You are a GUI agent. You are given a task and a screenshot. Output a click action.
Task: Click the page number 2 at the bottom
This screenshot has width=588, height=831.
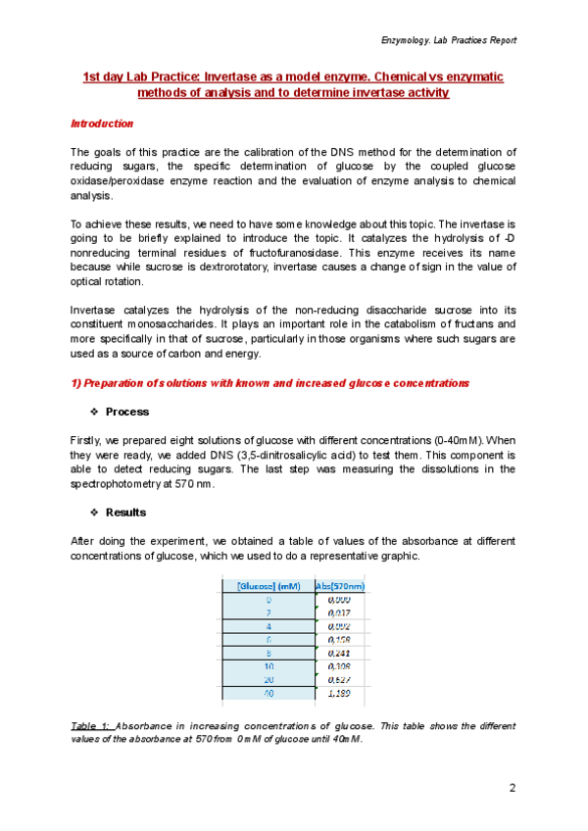pos(512,788)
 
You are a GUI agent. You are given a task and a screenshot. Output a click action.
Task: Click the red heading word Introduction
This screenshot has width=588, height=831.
pos(102,124)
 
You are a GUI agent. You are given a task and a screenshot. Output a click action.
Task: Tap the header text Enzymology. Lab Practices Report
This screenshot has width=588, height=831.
pos(448,40)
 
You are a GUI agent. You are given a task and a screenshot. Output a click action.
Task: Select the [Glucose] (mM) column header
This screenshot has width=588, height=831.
pos(269,586)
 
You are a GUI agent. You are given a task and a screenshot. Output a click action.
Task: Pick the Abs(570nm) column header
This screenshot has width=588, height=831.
pos(340,586)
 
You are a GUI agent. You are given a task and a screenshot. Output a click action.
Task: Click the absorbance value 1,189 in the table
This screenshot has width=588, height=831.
pos(339,693)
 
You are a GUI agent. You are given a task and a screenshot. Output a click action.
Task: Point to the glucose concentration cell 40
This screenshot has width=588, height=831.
pos(269,693)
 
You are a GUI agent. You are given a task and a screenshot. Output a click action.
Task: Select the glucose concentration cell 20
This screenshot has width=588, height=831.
pos(269,678)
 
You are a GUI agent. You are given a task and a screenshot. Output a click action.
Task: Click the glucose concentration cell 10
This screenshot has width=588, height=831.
pos(269,662)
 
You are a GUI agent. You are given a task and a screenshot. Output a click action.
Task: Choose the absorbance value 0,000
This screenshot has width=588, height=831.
pos(339,600)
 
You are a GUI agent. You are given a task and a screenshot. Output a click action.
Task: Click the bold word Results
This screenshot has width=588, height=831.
pos(125,512)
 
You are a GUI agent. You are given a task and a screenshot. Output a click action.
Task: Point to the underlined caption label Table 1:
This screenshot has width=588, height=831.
pos(90,726)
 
